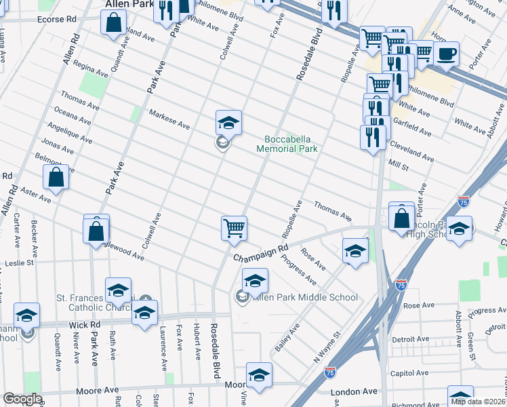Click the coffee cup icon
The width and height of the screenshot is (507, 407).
(x=447, y=54)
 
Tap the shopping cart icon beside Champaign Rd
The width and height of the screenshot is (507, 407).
(x=234, y=229)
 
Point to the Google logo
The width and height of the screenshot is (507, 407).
(x=22, y=399)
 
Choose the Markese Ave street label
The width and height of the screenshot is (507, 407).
(x=169, y=119)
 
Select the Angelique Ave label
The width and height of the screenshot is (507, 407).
(x=70, y=133)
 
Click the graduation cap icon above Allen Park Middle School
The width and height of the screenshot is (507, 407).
(x=255, y=280)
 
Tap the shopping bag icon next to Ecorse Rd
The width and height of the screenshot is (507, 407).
(x=113, y=22)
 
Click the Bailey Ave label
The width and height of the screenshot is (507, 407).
(x=287, y=338)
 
